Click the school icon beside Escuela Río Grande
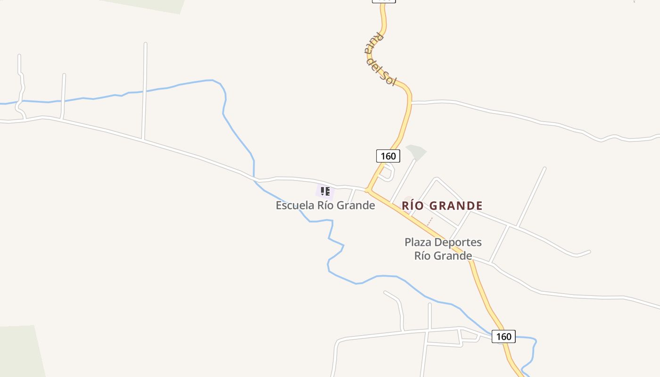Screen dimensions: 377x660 coord(325,191)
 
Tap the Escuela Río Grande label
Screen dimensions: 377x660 coord(325,205)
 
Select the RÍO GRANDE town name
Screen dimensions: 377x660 coord(442,206)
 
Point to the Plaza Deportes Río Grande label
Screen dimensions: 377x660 coord(443,249)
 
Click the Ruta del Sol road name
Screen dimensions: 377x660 coord(380,59)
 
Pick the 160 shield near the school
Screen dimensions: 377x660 coord(388,156)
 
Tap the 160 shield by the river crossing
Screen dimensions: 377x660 coord(503,336)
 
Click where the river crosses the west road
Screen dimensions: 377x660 coord(255,179)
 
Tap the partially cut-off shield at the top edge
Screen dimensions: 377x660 coord(384,1)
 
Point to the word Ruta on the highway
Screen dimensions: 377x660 coord(373,42)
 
